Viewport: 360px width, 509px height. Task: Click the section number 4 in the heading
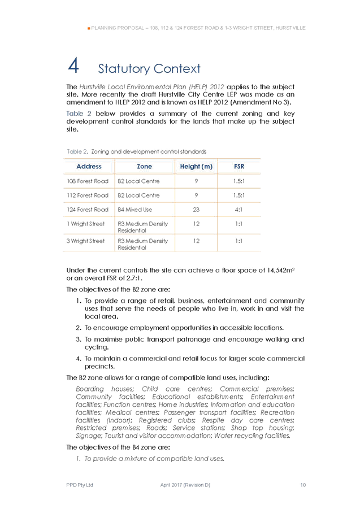(x=73, y=66)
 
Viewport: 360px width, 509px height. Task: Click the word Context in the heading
(x=175, y=69)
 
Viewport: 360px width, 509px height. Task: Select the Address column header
(x=89, y=167)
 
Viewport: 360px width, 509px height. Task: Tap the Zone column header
(x=145, y=167)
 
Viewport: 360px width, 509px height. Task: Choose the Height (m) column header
(x=196, y=167)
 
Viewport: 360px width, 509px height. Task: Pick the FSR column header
(x=238, y=167)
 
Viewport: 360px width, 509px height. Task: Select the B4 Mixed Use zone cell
(x=136, y=210)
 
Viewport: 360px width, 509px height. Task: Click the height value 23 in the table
(x=196, y=210)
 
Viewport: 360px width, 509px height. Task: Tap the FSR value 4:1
(x=238, y=210)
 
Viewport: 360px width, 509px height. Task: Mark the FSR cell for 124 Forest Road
(x=238, y=210)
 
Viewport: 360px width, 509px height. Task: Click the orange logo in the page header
(x=88, y=27)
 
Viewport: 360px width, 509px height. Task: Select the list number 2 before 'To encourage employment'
(x=78, y=328)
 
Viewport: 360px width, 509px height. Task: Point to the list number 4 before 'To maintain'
(x=78, y=359)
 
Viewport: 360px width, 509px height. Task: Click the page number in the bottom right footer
(x=303, y=485)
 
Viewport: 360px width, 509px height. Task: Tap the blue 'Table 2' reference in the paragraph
(x=76, y=114)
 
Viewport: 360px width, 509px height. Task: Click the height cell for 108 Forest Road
(x=196, y=181)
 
